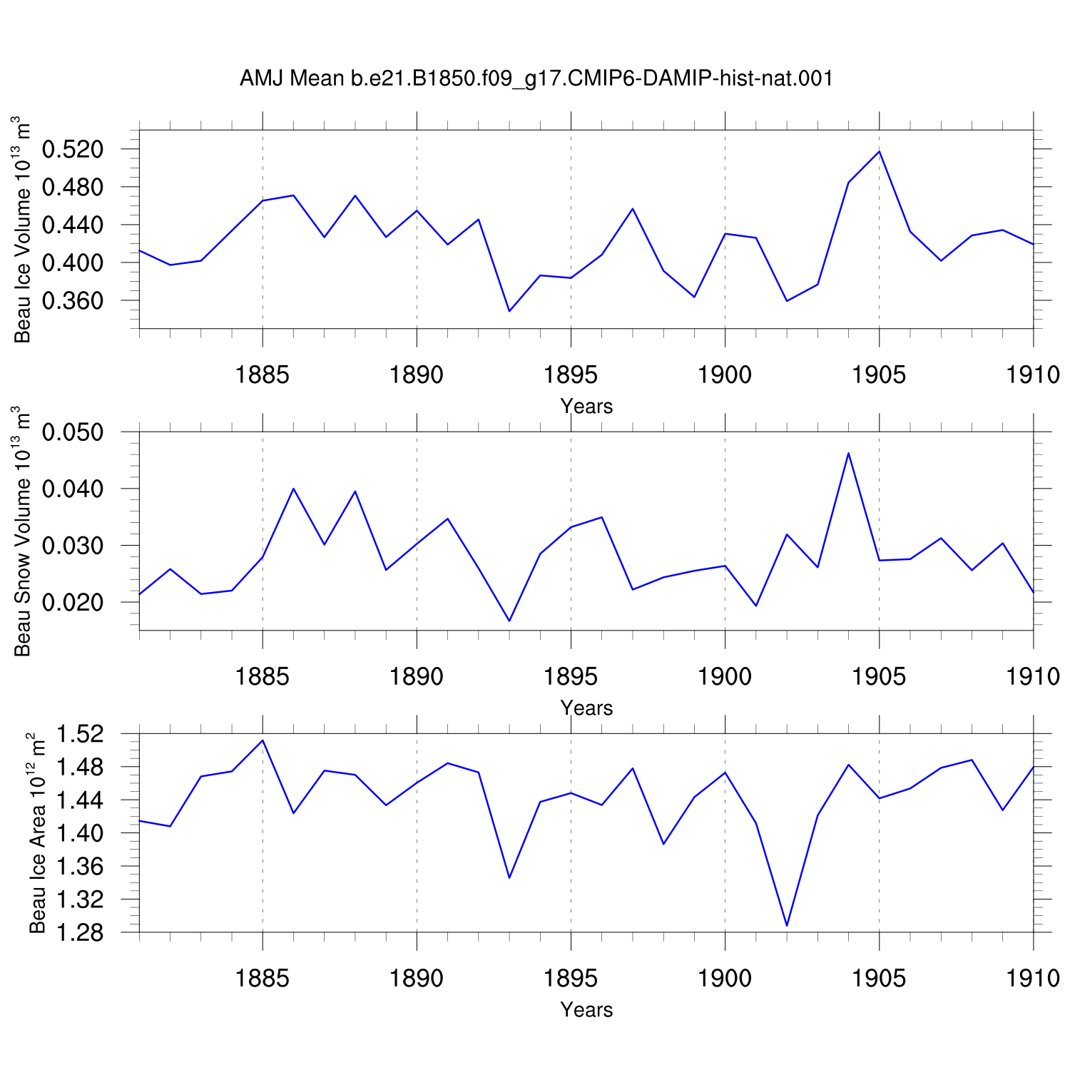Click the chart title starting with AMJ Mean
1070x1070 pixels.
pos(536,78)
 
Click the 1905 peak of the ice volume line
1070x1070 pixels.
pos(880,151)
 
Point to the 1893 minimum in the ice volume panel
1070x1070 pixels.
pos(509,311)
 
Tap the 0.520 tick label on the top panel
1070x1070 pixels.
pos(73,150)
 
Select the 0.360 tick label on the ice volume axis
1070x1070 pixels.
pos(73,301)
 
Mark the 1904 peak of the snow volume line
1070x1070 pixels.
pos(848,453)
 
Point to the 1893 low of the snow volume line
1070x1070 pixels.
pos(509,621)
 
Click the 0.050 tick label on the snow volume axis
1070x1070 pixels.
pos(73,432)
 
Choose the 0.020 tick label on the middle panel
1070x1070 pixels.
pos(73,602)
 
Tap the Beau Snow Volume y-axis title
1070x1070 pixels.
pos(23,531)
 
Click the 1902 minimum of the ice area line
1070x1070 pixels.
pos(787,926)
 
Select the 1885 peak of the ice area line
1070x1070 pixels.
pos(263,740)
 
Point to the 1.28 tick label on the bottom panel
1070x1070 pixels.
pos(80,933)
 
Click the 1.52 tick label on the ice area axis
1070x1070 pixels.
pos(80,733)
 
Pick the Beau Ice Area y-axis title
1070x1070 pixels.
pos(37,833)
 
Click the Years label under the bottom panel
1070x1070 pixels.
pos(586,1009)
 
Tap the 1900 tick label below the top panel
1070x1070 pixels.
pos(725,375)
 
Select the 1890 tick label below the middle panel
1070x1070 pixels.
pos(417,677)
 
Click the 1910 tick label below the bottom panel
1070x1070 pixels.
pos(1033,979)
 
